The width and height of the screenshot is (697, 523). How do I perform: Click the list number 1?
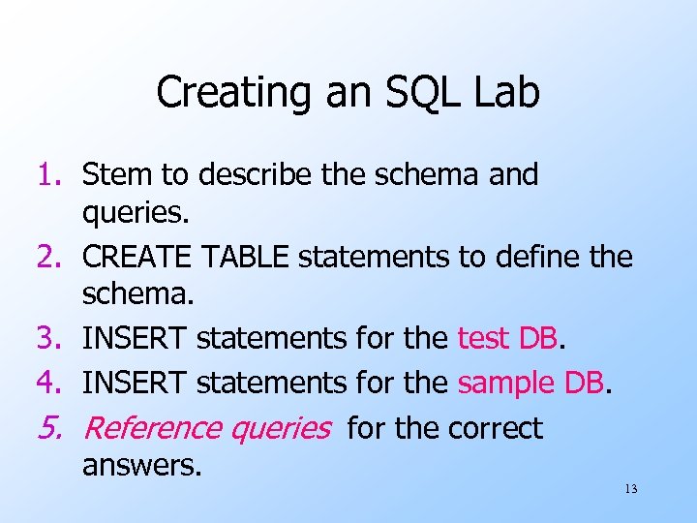point(49,175)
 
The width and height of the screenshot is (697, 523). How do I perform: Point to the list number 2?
point(49,258)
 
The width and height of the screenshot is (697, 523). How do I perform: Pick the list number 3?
point(49,339)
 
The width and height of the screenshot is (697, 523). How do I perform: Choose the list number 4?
point(49,383)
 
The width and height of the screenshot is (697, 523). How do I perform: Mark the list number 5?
point(49,428)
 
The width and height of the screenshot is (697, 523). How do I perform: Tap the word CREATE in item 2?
point(137,258)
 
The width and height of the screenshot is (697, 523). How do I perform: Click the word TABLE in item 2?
point(245,258)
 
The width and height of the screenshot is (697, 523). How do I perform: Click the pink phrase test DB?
point(508,339)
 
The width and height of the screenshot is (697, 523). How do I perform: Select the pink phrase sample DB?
point(531,383)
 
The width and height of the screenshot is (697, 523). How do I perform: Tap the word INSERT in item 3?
point(136,339)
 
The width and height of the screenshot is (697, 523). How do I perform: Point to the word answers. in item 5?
point(142,466)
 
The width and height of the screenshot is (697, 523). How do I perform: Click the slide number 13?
point(630,489)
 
